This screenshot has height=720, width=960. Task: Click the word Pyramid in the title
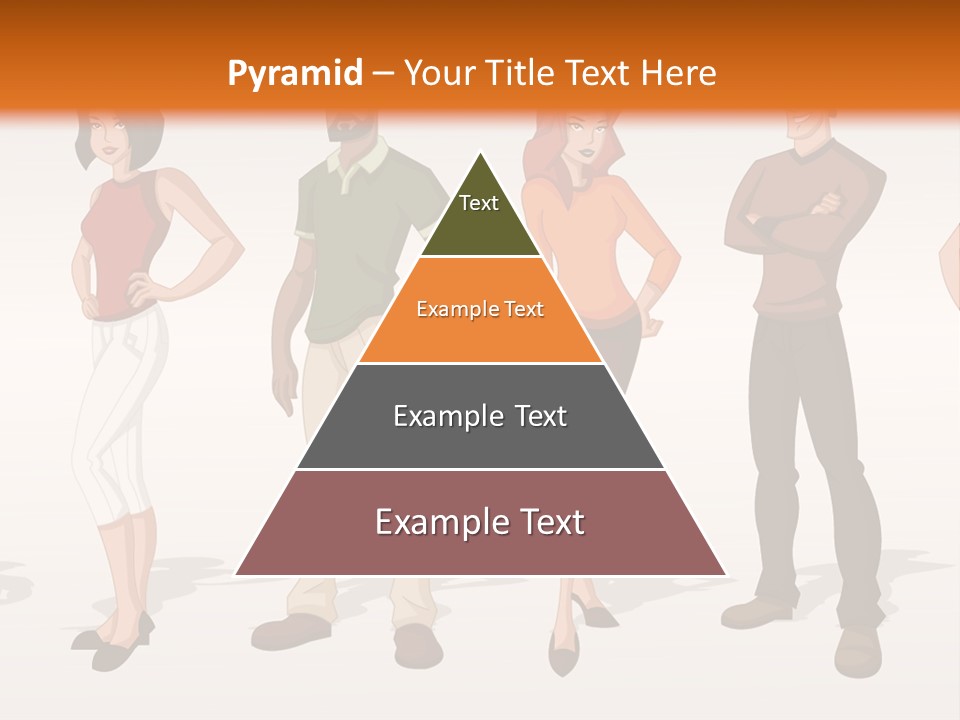coord(294,74)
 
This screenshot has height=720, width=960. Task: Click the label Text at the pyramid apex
coord(479,203)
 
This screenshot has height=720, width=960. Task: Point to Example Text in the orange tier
coord(480,309)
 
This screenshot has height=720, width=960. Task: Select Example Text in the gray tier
coord(480,416)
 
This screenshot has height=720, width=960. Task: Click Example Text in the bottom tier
coord(480,522)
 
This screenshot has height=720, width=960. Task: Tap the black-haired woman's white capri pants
coord(118,400)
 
